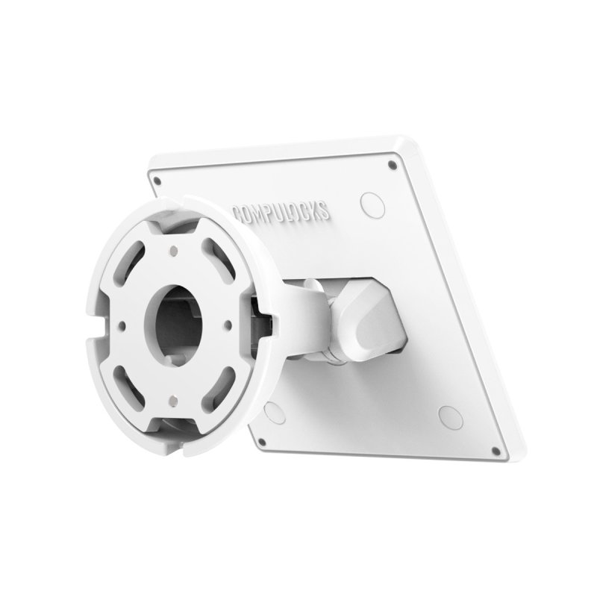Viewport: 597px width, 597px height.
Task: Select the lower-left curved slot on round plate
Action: click(134, 375)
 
